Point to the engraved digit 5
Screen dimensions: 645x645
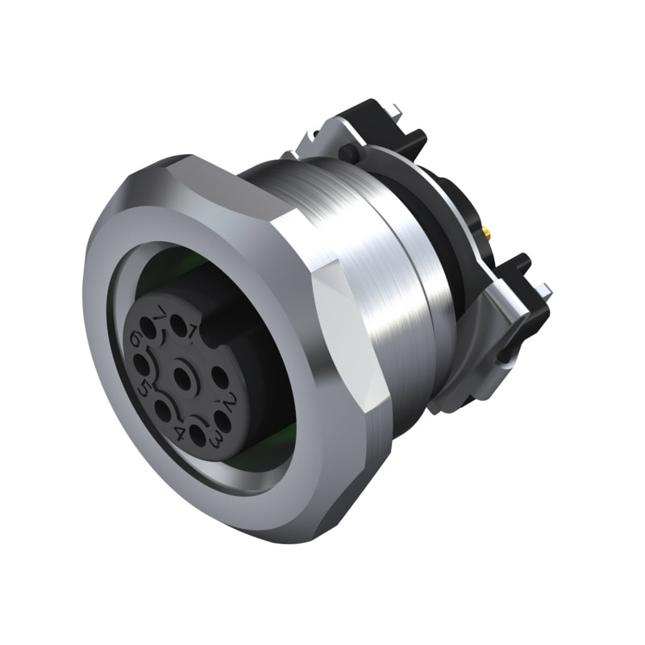(145, 389)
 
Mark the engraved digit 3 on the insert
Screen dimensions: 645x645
(216, 439)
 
